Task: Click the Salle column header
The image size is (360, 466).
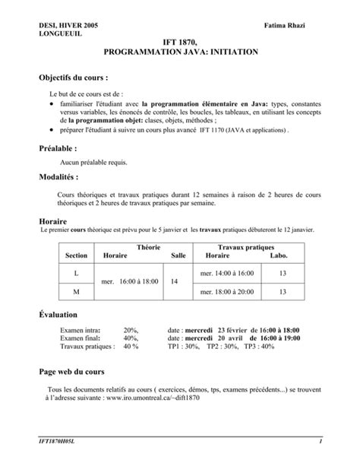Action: pos(178,256)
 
